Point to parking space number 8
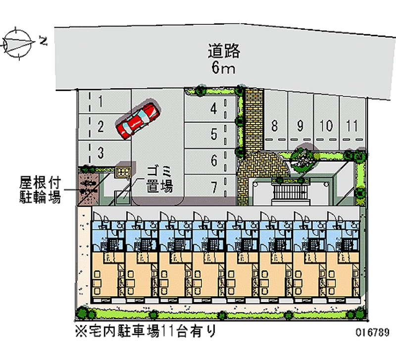tap(274, 126)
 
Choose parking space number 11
tap(352, 126)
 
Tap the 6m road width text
tap(223, 68)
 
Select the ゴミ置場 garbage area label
tap(159, 179)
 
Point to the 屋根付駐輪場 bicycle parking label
tap(40, 190)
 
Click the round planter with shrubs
tap(301, 157)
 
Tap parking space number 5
tap(213, 134)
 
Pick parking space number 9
tap(300, 126)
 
